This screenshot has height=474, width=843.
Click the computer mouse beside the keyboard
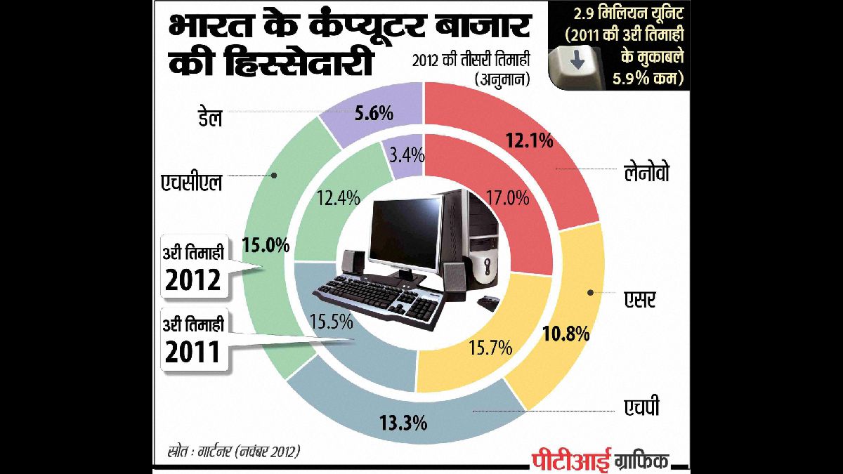tap(485, 303)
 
